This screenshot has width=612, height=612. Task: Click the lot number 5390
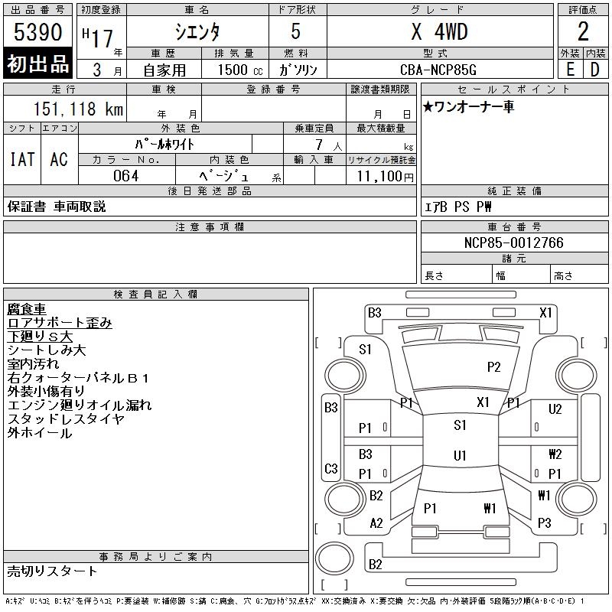coord(37,32)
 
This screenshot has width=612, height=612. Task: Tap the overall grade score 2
coord(583,31)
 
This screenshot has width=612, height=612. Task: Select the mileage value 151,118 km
coord(78,109)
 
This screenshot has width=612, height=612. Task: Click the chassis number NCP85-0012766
coord(513,243)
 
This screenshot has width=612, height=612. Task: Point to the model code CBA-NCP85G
coord(438,70)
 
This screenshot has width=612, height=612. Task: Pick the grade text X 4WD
coord(439,31)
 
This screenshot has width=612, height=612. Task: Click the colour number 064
coord(125,176)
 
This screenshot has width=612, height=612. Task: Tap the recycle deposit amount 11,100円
coord(385,177)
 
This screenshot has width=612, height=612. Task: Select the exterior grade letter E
coord(570,70)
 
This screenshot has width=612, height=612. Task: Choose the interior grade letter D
coord(594,70)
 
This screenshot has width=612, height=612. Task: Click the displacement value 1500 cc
coord(240,70)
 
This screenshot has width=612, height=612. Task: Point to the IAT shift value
coord(22,159)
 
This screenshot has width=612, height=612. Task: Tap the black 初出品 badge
coord(37,63)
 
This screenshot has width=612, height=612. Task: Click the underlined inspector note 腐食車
coord(27,309)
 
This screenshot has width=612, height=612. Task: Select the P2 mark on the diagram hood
coord(493,367)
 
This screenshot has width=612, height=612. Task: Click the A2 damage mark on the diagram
coord(376,523)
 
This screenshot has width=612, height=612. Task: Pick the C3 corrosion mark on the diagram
coord(331,468)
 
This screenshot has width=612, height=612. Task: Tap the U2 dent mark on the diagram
coord(555,409)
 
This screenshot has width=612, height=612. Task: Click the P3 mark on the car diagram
coord(544,522)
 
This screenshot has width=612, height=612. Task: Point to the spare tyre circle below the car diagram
coord(334,558)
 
